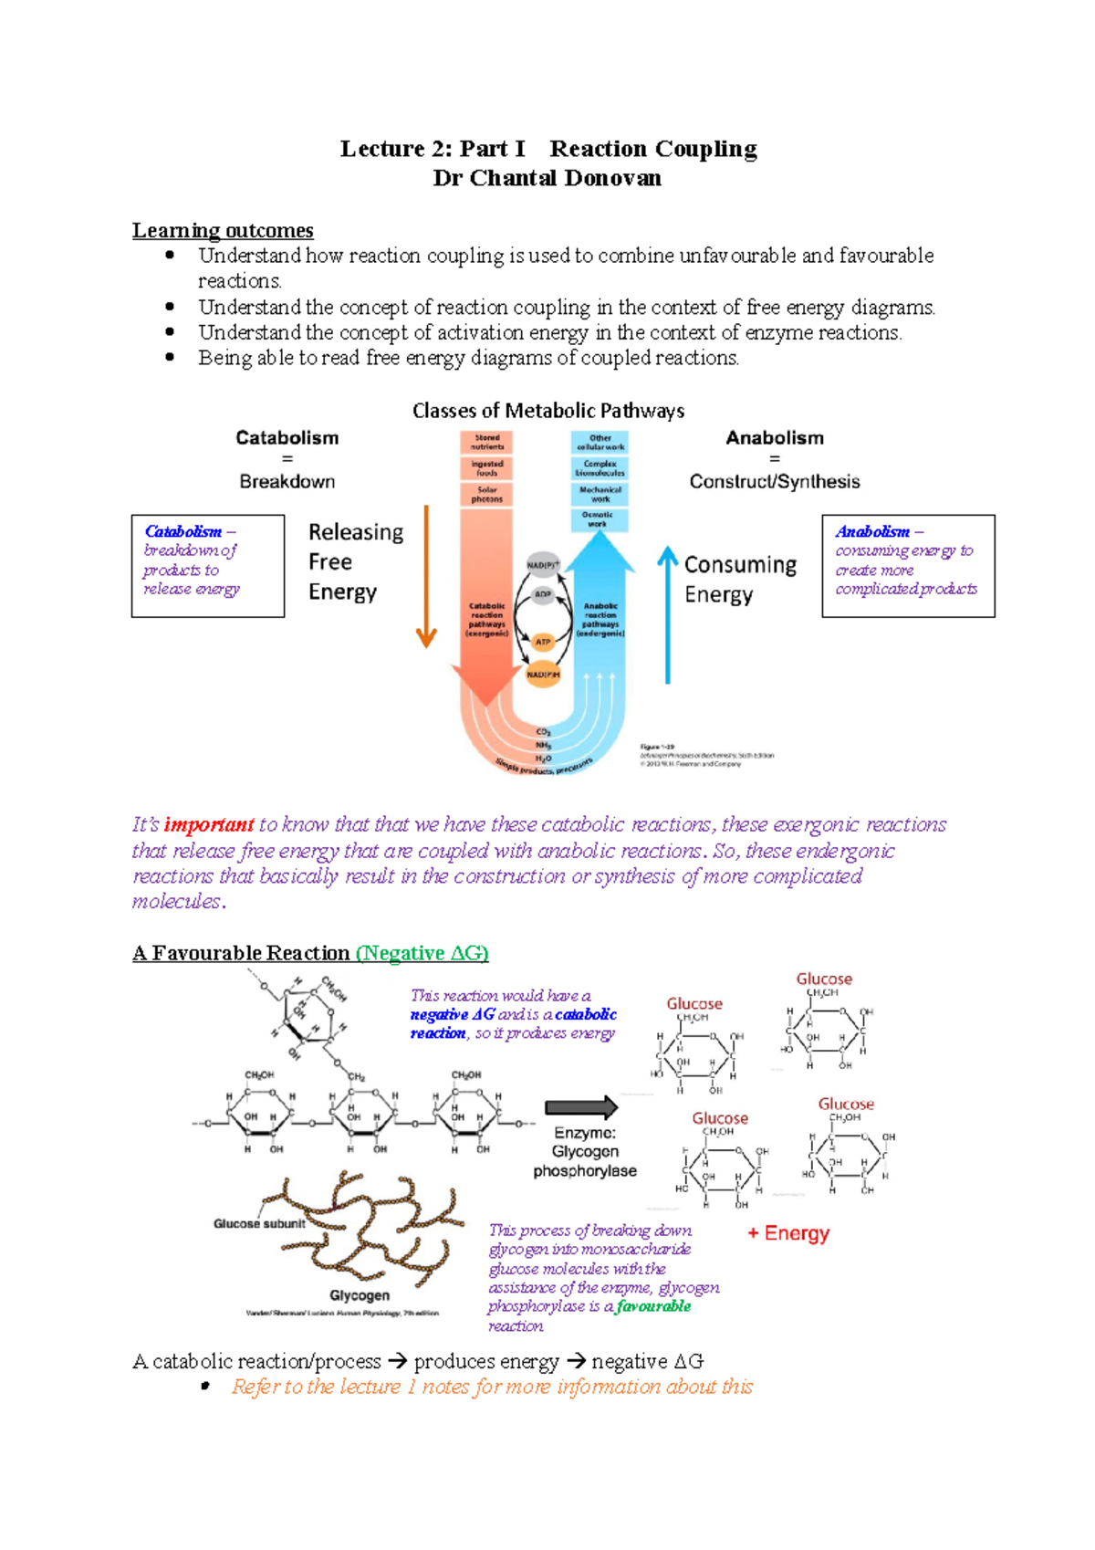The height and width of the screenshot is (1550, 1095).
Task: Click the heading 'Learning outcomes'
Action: point(223,230)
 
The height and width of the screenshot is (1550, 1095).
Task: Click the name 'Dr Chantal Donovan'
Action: point(547,178)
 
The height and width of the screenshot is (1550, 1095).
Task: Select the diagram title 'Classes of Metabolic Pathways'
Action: point(547,411)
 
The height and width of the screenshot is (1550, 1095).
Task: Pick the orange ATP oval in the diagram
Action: point(543,642)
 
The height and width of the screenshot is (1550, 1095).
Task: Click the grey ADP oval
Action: point(543,594)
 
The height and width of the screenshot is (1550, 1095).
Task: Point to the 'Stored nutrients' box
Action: point(486,443)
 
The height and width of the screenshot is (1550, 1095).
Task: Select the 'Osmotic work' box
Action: point(598,519)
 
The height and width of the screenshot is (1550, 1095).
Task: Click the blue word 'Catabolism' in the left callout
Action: point(183,531)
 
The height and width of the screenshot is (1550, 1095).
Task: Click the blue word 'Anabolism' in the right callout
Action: point(872,531)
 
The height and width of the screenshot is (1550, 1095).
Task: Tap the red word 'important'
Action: point(208,825)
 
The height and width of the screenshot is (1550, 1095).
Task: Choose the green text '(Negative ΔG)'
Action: point(422,953)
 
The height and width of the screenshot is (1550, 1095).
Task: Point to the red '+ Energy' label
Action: point(788,1233)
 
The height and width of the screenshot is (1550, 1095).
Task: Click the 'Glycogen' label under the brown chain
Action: point(360,1295)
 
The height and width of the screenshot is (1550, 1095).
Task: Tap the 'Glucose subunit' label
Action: point(259,1223)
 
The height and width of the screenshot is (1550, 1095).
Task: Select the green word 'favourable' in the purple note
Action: point(653,1306)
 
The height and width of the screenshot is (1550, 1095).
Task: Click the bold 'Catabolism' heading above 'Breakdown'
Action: point(287,438)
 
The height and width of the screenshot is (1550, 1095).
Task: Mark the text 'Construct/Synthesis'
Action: point(774,481)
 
